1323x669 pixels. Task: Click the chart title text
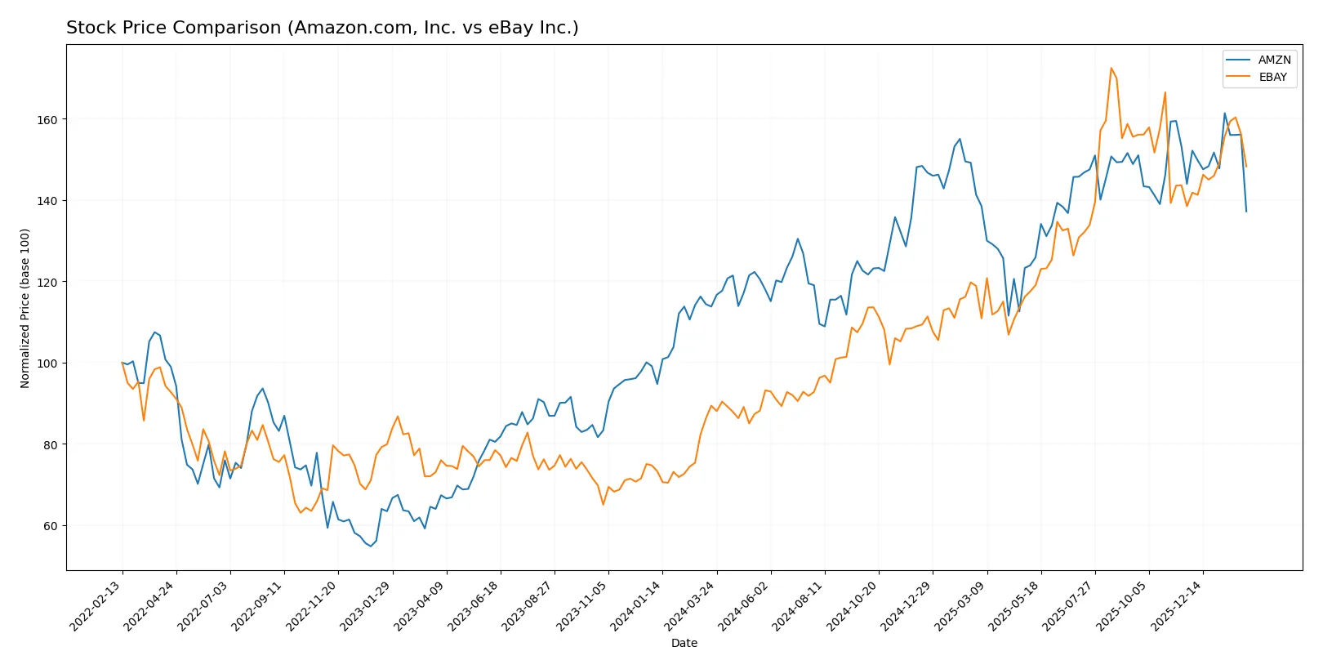point(322,28)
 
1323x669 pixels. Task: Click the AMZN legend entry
point(1273,60)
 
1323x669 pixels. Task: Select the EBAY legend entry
point(1272,77)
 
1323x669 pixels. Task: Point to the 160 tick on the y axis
point(47,119)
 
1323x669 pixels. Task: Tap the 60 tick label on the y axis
point(51,526)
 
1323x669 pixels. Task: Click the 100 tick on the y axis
point(47,363)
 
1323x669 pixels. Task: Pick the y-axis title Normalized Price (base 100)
point(25,308)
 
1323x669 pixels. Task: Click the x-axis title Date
point(684,643)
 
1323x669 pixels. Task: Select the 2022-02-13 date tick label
point(96,605)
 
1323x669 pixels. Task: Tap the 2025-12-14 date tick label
point(1177,605)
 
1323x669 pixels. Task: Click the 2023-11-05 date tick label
point(582,605)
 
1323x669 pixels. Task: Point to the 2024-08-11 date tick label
point(799,605)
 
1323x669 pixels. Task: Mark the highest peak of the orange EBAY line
point(1111,68)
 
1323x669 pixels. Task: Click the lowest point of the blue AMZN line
point(371,546)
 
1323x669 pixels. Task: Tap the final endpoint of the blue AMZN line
point(1246,212)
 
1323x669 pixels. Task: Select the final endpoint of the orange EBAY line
point(1246,167)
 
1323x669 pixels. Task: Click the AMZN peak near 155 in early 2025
point(960,139)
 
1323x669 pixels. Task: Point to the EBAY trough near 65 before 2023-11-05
point(604,504)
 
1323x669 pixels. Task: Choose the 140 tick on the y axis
point(47,201)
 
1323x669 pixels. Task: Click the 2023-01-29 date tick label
point(366,605)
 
